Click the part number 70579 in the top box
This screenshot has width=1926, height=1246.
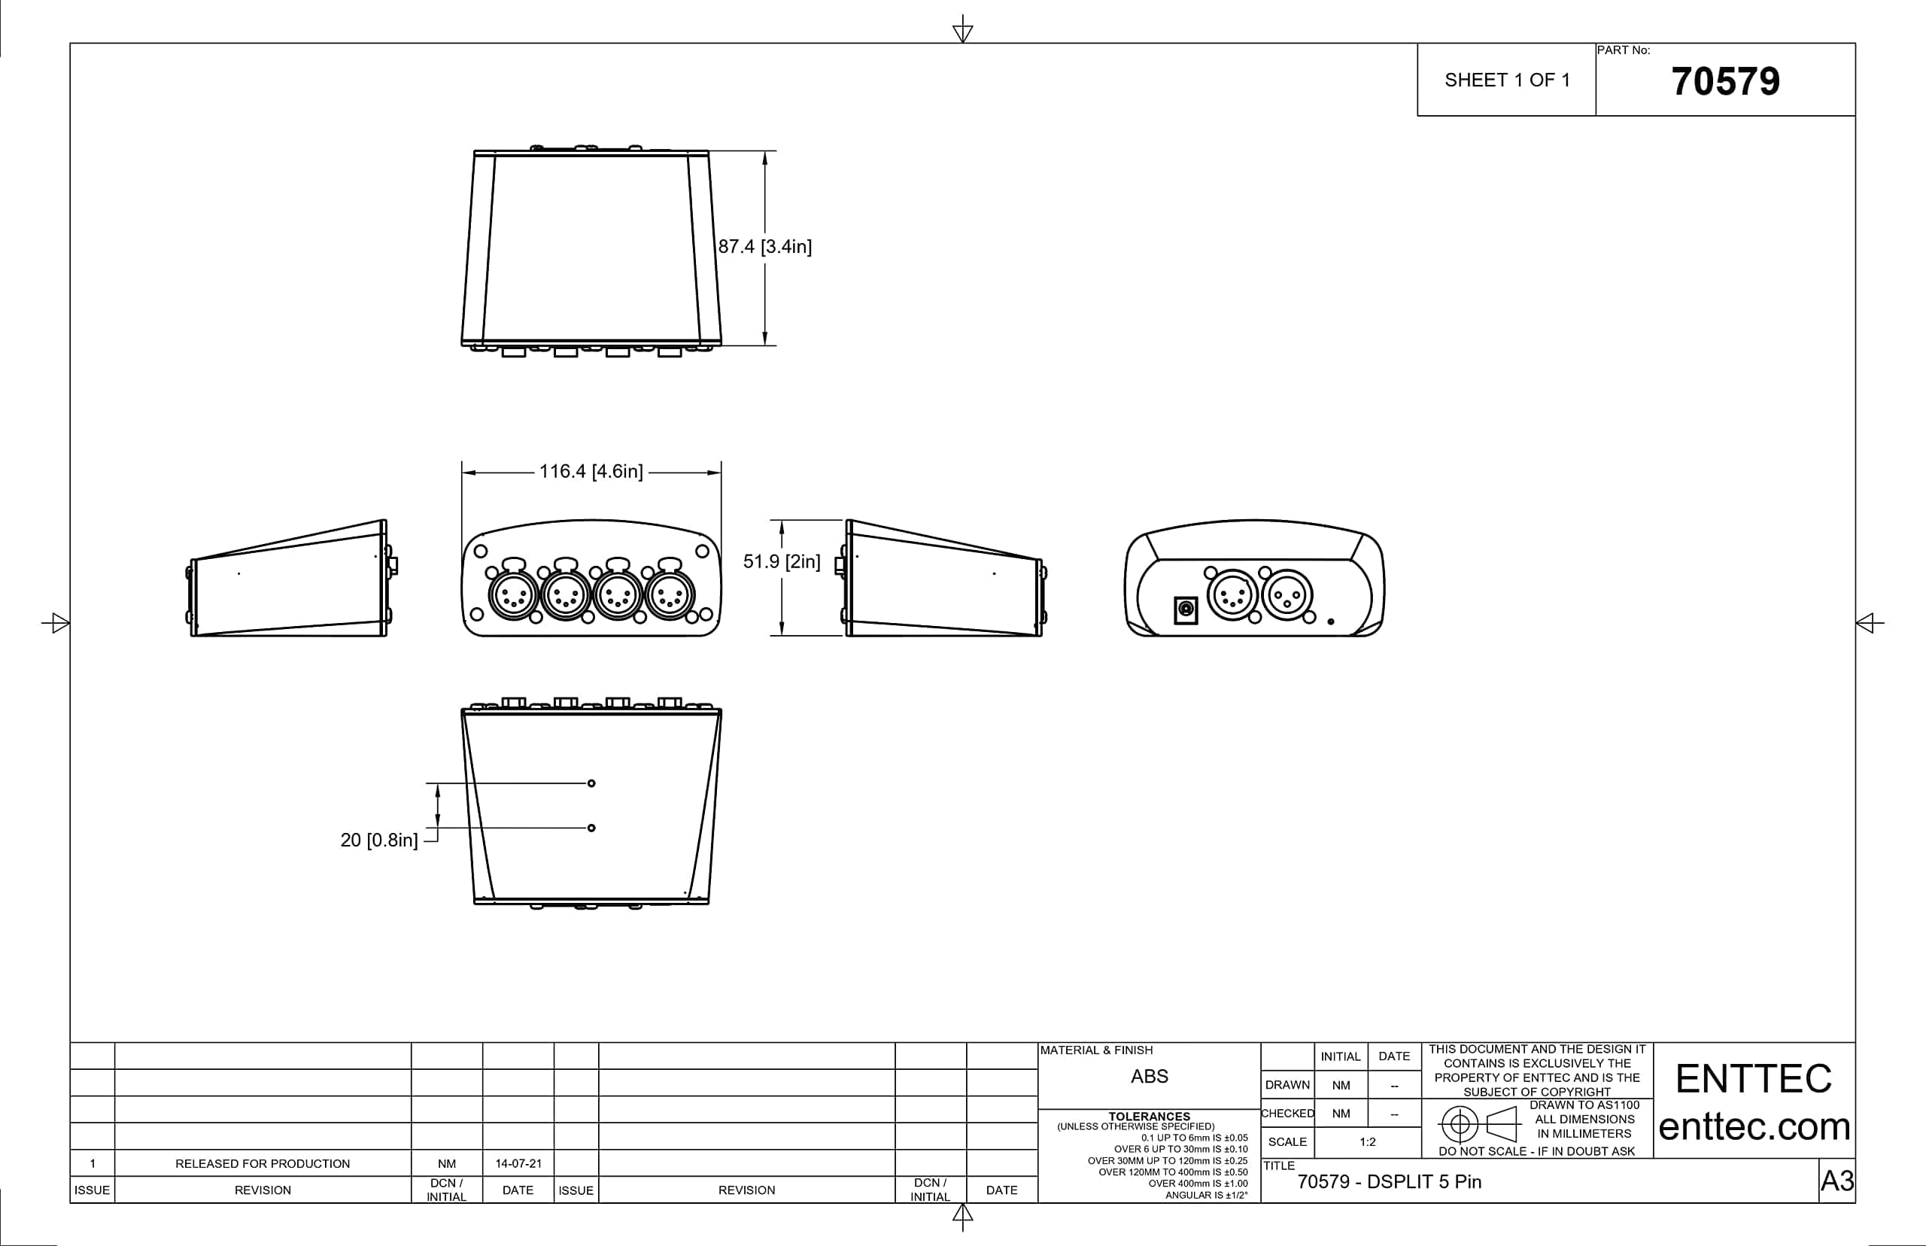click(x=1724, y=82)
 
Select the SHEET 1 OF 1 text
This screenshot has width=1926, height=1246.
click(x=1507, y=80)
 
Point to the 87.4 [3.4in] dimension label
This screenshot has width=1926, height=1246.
click(x=764, y=247)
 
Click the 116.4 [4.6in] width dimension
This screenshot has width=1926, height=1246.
click(x=591, y=472)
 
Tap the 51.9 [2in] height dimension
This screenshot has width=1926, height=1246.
click(x=782, y=561)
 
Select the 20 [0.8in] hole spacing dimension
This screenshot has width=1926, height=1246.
click(x=378, y=840)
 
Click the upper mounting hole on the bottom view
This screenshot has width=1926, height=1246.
click(x=591, y=783)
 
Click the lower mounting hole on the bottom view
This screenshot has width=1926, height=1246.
click(x=591, y=828)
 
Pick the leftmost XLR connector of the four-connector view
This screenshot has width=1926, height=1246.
click(x=513, y=597)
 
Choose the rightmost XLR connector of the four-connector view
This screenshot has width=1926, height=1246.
click(x=670, y=597)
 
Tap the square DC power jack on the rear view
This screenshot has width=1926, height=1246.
click(x=1186, y=609)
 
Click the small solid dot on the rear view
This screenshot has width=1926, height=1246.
click(x=1331, y=621)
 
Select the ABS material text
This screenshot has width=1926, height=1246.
click(x=1149, y=1076)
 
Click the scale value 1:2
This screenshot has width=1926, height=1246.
click(x=1367, y=1141)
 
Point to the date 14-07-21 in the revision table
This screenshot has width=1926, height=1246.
click(x=518, y=1163)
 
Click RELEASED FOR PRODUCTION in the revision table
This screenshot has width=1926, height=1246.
click(x=262, y=1163)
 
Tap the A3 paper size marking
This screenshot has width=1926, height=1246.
click(x=1836, y=1181)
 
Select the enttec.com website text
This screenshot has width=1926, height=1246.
click(x=1754, y=1126)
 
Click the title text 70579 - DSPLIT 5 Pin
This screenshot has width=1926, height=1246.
click(x=1389, y=1181)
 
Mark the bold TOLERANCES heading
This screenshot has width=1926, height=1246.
click(x=1149, y=1116)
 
